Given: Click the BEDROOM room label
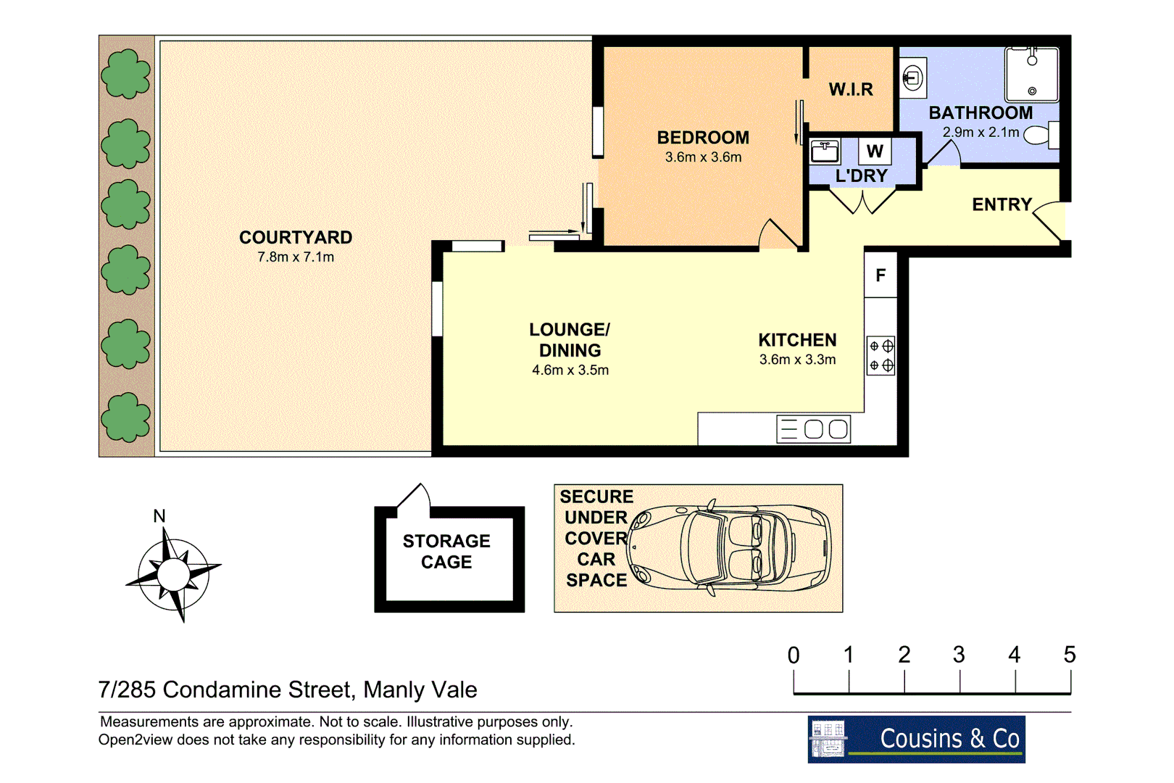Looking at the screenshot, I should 703,138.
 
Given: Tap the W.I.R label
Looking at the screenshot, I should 851,89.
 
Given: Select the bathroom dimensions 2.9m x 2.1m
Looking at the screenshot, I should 981,133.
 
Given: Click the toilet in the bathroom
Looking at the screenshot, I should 1041,136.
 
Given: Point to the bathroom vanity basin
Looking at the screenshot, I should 913,77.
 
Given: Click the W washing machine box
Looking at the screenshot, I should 875,152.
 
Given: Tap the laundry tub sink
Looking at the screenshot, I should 825,152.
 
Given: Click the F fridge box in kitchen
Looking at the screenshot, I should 880,275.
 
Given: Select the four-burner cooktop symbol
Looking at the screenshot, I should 881,356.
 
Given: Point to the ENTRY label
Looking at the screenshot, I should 1002,205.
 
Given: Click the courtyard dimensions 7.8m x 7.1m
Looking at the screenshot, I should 296,257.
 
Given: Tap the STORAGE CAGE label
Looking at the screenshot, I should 446,552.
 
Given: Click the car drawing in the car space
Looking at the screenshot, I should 732,547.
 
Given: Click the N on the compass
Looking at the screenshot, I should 159,516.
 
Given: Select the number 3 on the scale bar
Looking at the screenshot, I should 959,655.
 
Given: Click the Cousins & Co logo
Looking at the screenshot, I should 916,739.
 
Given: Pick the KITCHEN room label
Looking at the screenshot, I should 797,340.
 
